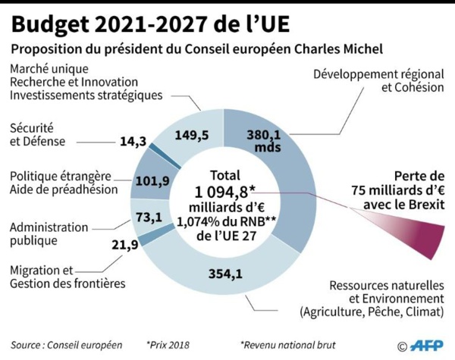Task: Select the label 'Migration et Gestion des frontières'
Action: [67, 277]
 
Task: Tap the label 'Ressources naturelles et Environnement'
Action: [375, 298]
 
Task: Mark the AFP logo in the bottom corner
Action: [425, 346]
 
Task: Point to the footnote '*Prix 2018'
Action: [169, 345]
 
